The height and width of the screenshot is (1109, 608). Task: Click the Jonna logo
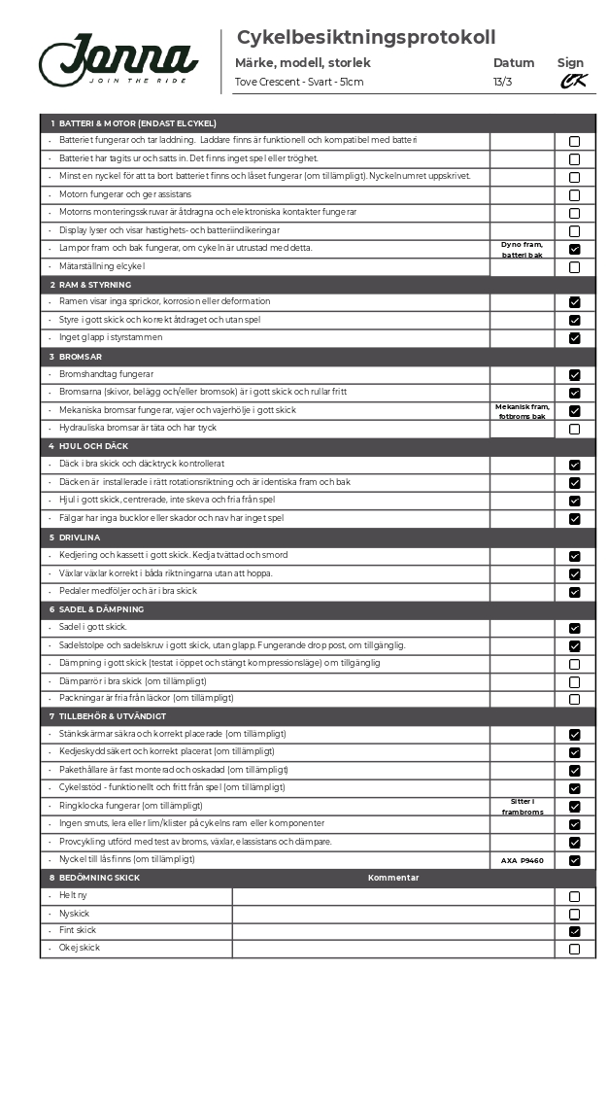click(x=118, y=60)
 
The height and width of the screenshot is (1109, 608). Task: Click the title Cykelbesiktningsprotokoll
click(x=366, y=38)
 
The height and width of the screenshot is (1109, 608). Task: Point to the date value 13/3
click(x=502, y=82)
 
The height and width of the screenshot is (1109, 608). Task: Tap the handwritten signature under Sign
click(x=573, y=82)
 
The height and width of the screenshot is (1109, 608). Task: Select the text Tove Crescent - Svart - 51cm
click(x=299, y=82)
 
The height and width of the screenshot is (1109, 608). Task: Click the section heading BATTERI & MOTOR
click(x=137, y=123)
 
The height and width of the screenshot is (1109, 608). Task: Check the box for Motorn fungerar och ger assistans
click(x=574, y=195)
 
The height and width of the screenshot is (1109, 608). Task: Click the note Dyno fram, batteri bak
click(x=522, y=249)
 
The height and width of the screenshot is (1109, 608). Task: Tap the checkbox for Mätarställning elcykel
click(x=574, y=267)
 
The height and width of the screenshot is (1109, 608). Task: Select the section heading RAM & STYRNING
click(x=95, y=285)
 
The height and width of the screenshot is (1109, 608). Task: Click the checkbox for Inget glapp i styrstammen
click(x=574, y=338)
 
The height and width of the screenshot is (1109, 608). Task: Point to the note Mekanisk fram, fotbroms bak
click(x=522, y=411)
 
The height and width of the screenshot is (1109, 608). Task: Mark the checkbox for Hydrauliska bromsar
click(x=574, y=429)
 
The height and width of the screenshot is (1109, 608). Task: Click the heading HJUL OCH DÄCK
click(x=93, y=446)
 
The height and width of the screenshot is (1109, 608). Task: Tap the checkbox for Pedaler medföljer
click(x=574, y=592)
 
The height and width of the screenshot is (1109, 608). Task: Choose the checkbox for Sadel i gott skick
click(x=574, y=628)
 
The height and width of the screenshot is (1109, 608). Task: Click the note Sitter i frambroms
click(x=522, y=807)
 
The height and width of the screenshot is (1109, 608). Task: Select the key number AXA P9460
click(x=522, y=860)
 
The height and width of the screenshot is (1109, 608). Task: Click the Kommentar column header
click(x=393, y=878)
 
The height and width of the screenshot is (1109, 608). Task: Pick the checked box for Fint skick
click(x=574, y=931)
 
